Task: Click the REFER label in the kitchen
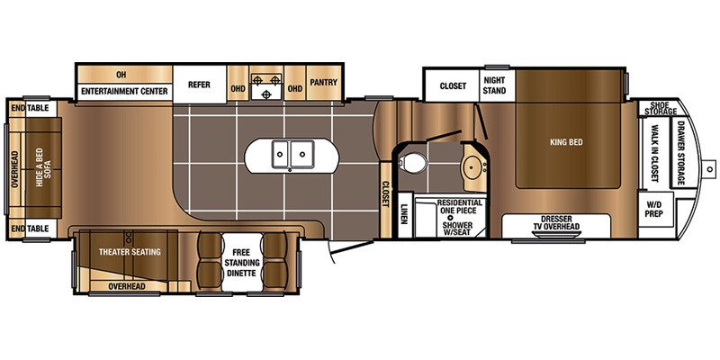click(199, 85)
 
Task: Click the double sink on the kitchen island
click(292, 156)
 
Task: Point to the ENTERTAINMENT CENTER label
click(124, 91)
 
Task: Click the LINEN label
click(402, 215)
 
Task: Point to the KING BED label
click(568, 140)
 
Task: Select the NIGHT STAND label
click(496, 84)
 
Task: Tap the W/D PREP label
click(653, 211)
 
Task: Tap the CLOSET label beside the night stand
click(453, 86)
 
